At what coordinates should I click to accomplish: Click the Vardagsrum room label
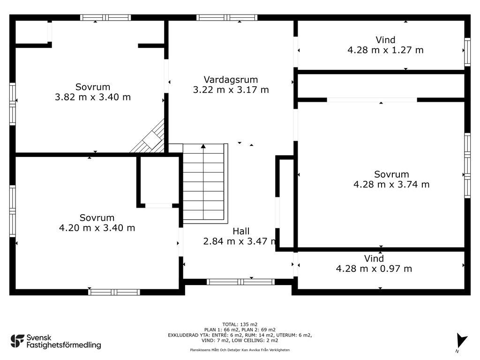231,80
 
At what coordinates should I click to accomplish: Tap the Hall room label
241,231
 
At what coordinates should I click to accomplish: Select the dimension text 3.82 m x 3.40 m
93,97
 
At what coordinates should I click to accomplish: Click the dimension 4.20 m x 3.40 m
97,228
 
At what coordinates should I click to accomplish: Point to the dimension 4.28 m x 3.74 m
391,184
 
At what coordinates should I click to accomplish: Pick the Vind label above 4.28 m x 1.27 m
385,40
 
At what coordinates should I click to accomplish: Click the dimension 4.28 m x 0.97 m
374,269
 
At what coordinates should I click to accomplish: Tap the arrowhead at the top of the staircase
203,146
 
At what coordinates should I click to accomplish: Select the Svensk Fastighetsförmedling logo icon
17,341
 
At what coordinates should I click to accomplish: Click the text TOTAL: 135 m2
240,324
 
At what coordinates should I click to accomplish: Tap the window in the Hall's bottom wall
240,282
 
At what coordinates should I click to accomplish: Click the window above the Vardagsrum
226,17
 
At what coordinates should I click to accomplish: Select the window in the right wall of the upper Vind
467,52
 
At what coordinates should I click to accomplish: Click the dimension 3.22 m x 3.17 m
231,90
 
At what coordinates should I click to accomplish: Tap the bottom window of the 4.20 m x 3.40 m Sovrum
114,292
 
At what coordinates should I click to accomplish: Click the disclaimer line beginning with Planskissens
240,350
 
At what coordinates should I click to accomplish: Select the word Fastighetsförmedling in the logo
64,345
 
